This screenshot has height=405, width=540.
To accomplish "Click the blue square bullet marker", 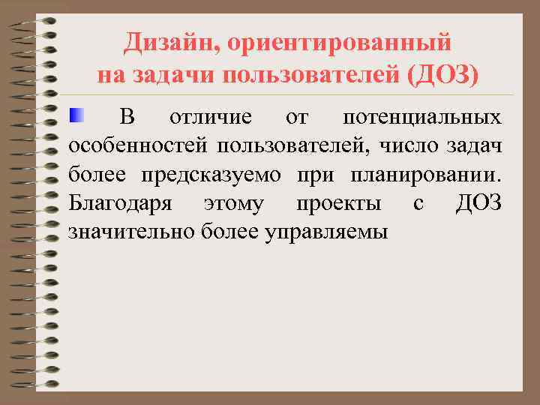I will tap(76, 115).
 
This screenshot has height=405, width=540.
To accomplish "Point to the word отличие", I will tap(211, 118).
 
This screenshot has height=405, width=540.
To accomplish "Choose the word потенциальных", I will tap(421, 118).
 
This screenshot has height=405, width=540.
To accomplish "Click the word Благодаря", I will tap(120, 203).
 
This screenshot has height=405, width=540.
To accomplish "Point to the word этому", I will tap(233, 203).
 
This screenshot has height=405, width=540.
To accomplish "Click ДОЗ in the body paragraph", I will tap(478, 203).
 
